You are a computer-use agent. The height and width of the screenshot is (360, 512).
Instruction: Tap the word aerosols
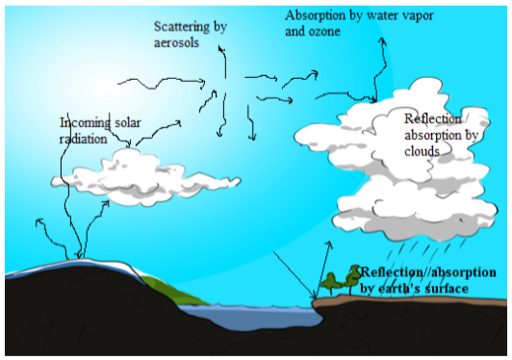coord(176,42)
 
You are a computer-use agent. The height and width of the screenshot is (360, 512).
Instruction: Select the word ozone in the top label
coord(324,32)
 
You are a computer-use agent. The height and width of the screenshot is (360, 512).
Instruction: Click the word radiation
coord(83,140)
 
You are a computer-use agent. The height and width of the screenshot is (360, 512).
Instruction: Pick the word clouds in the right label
coord(422,151)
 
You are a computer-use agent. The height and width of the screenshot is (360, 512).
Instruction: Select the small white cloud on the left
coord(145,178)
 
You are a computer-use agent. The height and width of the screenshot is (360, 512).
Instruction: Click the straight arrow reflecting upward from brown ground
coord(322,270)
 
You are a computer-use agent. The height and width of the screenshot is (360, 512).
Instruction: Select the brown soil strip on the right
coord(408,300)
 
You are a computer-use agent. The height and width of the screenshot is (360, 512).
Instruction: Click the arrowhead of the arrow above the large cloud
coord(382,41)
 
